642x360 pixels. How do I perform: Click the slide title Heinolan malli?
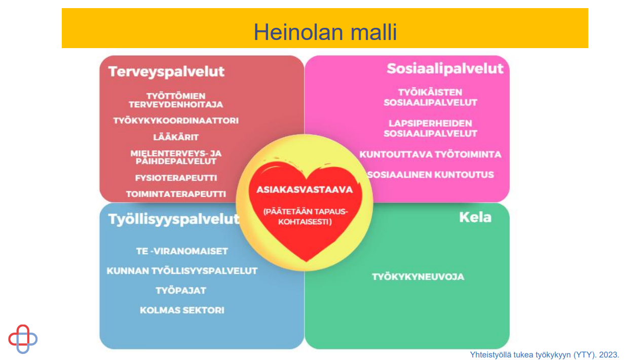click(x=325, y=32)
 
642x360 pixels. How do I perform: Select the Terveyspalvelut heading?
click(x=166, y=71)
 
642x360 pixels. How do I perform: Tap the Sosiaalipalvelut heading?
click(x=445, y=69)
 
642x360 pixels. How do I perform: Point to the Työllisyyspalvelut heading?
click(x=174, y=219)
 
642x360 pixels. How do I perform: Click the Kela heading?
click(x=475, y=217)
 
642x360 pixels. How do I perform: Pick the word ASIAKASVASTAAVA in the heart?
click(x=305, y=189)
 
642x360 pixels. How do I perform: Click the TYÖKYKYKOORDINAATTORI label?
click(x=176, y=121)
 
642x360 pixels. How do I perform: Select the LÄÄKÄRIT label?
click(x=176, y=137)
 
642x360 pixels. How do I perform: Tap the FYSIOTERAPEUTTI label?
click(x=176, y=178)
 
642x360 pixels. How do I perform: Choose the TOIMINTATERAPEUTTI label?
click(x=176, y=194)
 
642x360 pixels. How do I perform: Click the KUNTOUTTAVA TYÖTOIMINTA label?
click(x=430, y=154)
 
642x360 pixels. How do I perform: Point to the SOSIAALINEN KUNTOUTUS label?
click(x=431, y=175)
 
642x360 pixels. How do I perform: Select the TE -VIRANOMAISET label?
click(x=182, y=251)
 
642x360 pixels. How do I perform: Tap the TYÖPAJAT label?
click(x=181, y=291)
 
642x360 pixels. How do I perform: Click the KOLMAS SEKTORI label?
click(x=182, y=310)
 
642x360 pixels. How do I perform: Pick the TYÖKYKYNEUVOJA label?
click(x=418, y=277)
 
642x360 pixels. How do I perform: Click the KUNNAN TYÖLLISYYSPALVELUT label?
click(x=182, y=271)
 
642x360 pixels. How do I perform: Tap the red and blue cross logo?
click(x=23, y=339)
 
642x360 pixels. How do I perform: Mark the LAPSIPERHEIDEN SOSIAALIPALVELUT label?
click(x=430, y=128)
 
